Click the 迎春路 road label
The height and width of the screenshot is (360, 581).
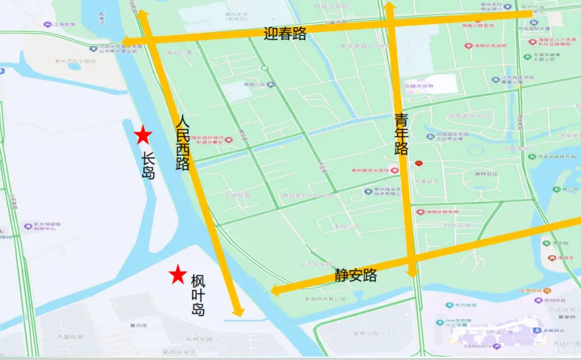pos(285,33)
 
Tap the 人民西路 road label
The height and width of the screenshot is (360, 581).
pos(183,142)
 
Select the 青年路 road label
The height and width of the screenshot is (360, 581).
pos(401,134)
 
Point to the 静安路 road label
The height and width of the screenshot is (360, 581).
pos(355,275)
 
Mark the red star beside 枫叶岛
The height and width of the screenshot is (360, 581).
pos(178,274)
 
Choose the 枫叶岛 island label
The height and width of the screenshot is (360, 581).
pos(198,295)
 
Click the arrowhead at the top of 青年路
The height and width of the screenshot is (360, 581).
pos(389,8)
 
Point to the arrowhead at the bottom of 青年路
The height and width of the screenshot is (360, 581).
pos(412,272)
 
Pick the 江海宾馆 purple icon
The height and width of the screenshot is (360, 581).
pos(48,24)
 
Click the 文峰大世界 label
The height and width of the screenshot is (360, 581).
pos(419,86)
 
